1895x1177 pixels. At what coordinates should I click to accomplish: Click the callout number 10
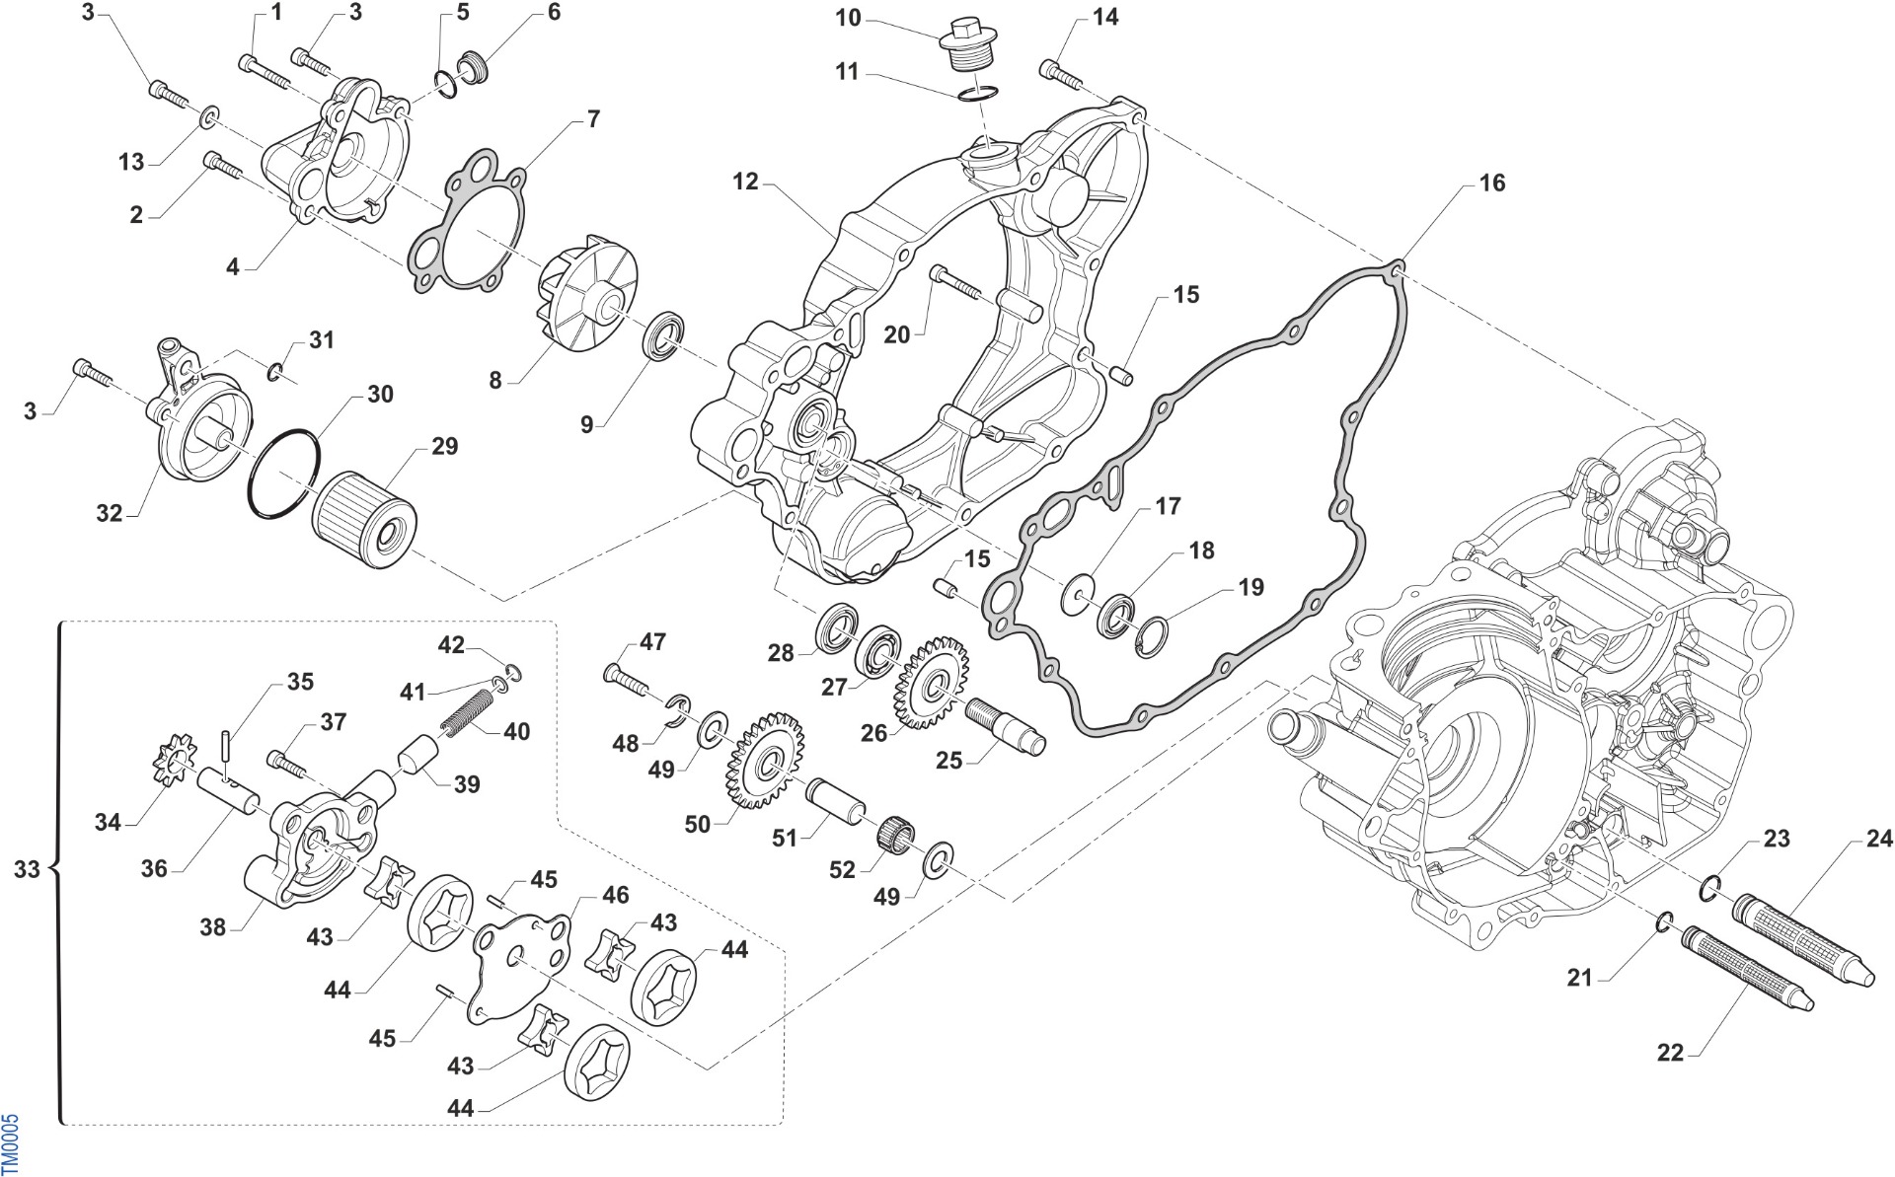(848, 18)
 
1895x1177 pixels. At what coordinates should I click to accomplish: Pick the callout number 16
(1491, 184)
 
